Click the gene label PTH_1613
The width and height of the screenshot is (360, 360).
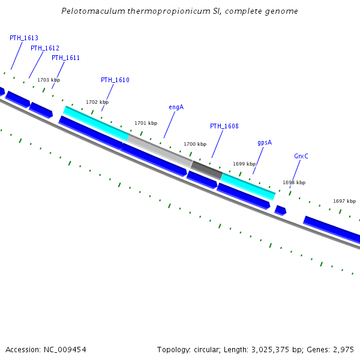24,38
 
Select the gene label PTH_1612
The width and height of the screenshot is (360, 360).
45,48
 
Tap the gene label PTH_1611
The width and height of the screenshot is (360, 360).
65,58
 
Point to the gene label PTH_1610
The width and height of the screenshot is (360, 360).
115,80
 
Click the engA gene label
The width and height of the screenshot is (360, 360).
176,107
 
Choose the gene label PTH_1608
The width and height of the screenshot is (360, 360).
224,126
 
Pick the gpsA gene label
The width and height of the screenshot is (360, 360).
265,143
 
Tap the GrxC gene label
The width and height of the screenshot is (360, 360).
301,156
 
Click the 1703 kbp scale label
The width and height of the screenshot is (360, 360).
49,80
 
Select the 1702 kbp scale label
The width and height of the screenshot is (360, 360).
97,102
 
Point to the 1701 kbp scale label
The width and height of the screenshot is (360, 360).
146,123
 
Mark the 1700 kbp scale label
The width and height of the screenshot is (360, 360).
195,144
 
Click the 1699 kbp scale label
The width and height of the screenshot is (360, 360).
244,164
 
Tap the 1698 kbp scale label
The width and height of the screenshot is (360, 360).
294,182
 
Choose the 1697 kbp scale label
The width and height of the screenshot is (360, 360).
344,201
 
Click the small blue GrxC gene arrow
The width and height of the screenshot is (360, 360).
280,210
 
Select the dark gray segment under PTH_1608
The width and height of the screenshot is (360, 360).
206,170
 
